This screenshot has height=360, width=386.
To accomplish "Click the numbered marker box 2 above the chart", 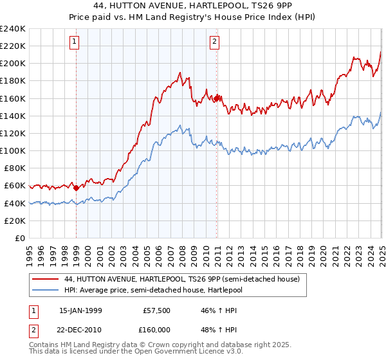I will (x=214, y=42).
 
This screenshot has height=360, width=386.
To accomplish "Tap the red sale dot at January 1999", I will (x=77, y=188).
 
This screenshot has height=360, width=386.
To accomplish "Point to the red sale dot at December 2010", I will (x=217, y=98).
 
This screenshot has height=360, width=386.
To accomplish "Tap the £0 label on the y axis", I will (x=19, y=238).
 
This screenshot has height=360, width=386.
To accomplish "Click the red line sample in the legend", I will (x=45, y=280).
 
